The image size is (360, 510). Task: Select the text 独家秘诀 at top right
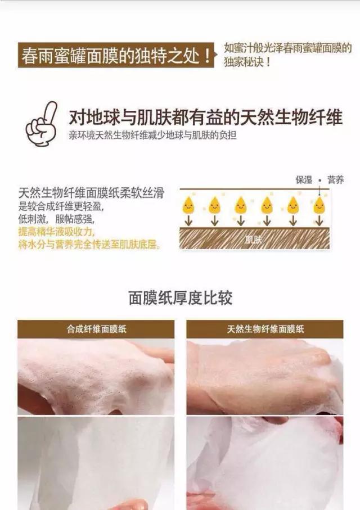(246, 61)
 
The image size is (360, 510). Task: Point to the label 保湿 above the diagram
(304, 179)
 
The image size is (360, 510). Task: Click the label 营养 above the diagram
(336, 179)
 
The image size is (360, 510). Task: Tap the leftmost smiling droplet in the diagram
(188, 205)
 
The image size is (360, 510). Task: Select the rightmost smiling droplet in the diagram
(319, 205)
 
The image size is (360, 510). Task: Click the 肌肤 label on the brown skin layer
(254, 238)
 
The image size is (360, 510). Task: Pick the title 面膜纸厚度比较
(180, 297)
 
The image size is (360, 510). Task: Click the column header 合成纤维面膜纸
(96, 329)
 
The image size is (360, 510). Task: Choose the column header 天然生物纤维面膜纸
(265, 329)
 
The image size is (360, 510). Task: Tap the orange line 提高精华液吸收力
(56, 232)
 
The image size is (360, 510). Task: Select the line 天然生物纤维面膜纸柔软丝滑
(91, 193)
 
